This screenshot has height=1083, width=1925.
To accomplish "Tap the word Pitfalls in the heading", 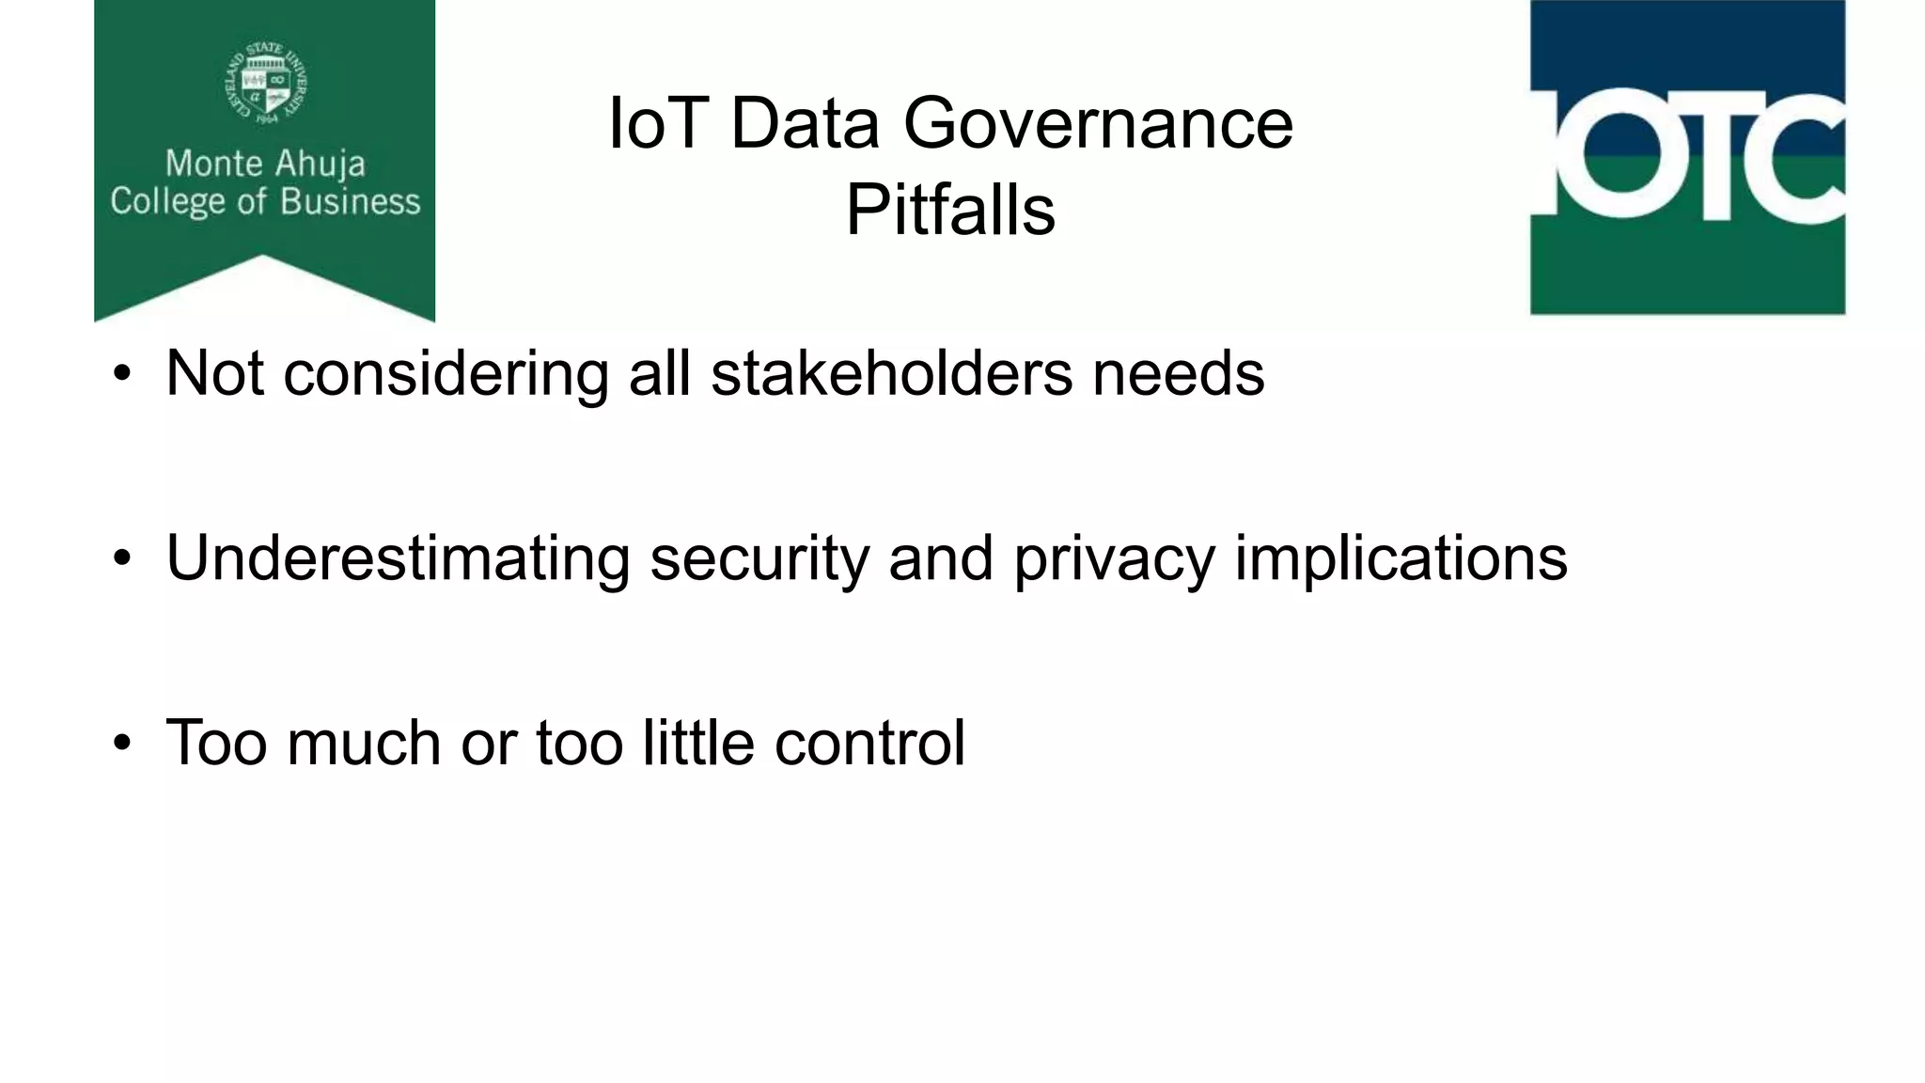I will point(950,210).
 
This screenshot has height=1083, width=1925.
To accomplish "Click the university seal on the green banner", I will point(266,83).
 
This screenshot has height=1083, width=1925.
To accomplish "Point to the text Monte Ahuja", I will point(265,164).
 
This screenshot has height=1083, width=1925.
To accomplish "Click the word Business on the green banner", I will point(351,202).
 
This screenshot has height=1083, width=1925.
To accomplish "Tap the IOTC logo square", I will point(1687,157).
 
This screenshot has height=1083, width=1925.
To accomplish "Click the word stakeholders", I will point(891,373).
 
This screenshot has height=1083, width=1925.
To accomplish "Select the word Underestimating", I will point(398,558).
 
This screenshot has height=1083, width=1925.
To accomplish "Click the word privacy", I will point(1114,558).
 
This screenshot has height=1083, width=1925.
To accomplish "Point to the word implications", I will point(1401,558).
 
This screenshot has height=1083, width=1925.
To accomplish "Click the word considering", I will point(446,373).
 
